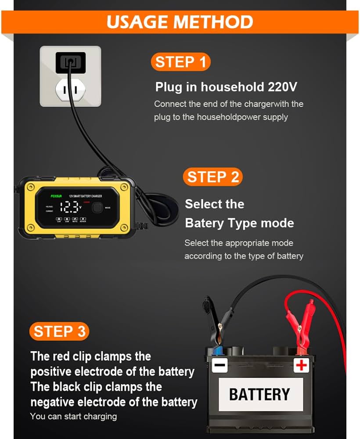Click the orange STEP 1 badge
pos(180,62)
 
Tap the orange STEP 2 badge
pos(213,177)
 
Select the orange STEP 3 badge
pos(59,331)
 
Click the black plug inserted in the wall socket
pos(70,62)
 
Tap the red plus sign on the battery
pos(301,364)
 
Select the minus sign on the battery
pos(220,365)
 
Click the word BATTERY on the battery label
pos(259,394)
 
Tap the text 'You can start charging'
pos(73,416)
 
